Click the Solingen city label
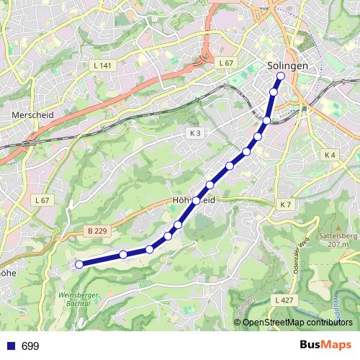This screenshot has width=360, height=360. pyautogui.click(x=287, y=65)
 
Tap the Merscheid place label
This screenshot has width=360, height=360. pyautogui.click(x=29, y=114)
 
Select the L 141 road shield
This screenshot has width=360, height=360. pyautogui.click(x=102, y=66)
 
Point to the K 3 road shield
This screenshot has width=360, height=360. pyautogui.click(x=196, y=133)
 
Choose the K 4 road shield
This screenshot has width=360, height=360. pyautogui.click(x=330, y=155)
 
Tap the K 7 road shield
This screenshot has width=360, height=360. pyautogui.click(x=285, y=205)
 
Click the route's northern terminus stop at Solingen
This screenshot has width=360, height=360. pyautogui.click(x=280, y=76)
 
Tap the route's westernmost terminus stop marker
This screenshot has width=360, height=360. pyautogui.click(x=79, y=264)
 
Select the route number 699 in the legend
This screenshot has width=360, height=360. pyautogui.click(x=30, y=346)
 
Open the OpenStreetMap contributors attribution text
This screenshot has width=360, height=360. pyautogui.click(x=297, y=323)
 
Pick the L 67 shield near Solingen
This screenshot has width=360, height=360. pyautogui.click(x=226, y=63)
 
